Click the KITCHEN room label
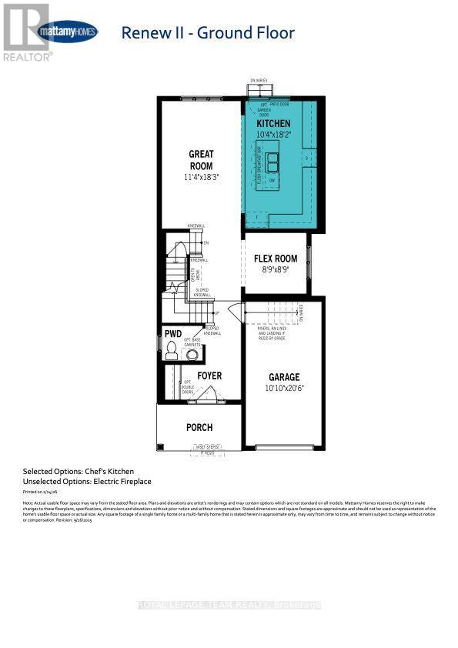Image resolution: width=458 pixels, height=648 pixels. pyautogui.click(x=273, y=123)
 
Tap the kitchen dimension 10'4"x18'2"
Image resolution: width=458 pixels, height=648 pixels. pyautogui.click(x=273, y=135)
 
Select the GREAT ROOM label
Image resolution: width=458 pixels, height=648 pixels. pyautogui.click(x=201, y=159)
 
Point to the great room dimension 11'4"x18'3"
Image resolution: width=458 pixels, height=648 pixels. pyautogui.click(x=201, y=177)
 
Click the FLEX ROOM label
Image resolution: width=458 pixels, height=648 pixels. pyautogui.click(x=276, y=259)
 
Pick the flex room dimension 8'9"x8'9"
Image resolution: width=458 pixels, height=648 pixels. pyautogui.click(x=276, y=270)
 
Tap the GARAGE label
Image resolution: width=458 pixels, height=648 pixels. pyautogui.click(x=283, y=377)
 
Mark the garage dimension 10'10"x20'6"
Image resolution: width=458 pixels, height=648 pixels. pyautogui.click(x=283, y=389)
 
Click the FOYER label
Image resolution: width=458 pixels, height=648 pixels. pyautogui.click(x=209, y=376)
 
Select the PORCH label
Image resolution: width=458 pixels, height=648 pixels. pyautogui.click(x=199, y=427)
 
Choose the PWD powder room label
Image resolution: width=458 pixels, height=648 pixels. pyautogui.click(x=173, y=334)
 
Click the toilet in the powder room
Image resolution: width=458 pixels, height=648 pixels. pyautogui.click(x=175, y=350)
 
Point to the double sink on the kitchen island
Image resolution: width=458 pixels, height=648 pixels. pyautogui.click(x=273, y=162)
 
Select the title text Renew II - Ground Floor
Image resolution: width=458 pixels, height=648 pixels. pyautogui.click(x=208, y=32)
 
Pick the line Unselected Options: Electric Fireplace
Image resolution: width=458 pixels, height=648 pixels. pyautogui.click(x=87, y=481)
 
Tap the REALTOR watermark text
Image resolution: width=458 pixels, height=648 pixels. pyautogui.click(x=28, y=56)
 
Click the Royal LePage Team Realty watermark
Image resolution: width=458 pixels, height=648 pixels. pyautogui.click(x=229, y=605)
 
